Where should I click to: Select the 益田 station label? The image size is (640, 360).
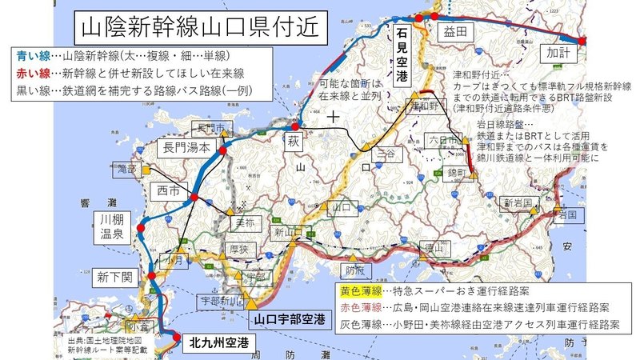pos(453,32)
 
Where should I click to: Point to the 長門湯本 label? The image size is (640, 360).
pos(186,147)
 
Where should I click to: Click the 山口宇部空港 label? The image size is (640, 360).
pos(289,319)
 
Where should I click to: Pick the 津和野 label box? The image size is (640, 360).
pos(424,106)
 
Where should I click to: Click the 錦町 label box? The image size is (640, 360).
pos(462,171)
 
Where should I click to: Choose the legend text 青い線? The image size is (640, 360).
pos(32,56)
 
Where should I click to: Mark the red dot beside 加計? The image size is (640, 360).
pos(582,40)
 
